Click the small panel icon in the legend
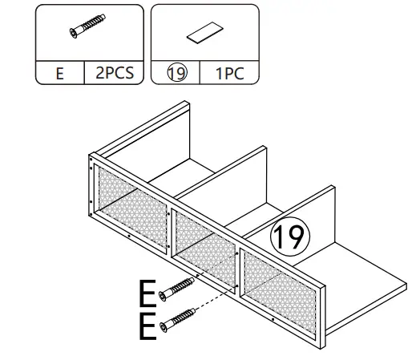204,33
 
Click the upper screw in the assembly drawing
178,289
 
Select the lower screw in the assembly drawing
178,320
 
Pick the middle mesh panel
204,239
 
